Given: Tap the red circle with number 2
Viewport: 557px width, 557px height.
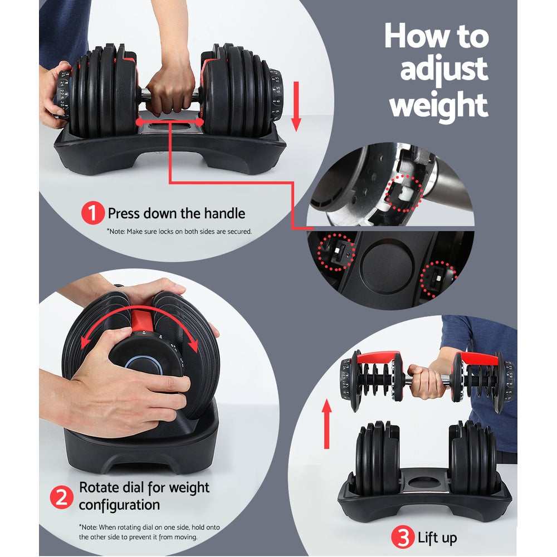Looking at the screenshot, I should (62, 497).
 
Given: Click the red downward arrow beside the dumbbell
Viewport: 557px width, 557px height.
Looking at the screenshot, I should (296, 106).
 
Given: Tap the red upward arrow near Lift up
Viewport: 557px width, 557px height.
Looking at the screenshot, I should (327, 424).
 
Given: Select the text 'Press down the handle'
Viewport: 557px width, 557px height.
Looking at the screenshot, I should (176, 213).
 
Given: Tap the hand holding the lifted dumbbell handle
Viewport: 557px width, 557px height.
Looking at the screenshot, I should (427, 380).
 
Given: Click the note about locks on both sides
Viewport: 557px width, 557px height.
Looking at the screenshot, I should (179, 231).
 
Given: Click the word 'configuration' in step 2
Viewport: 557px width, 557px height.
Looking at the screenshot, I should (119, 506).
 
